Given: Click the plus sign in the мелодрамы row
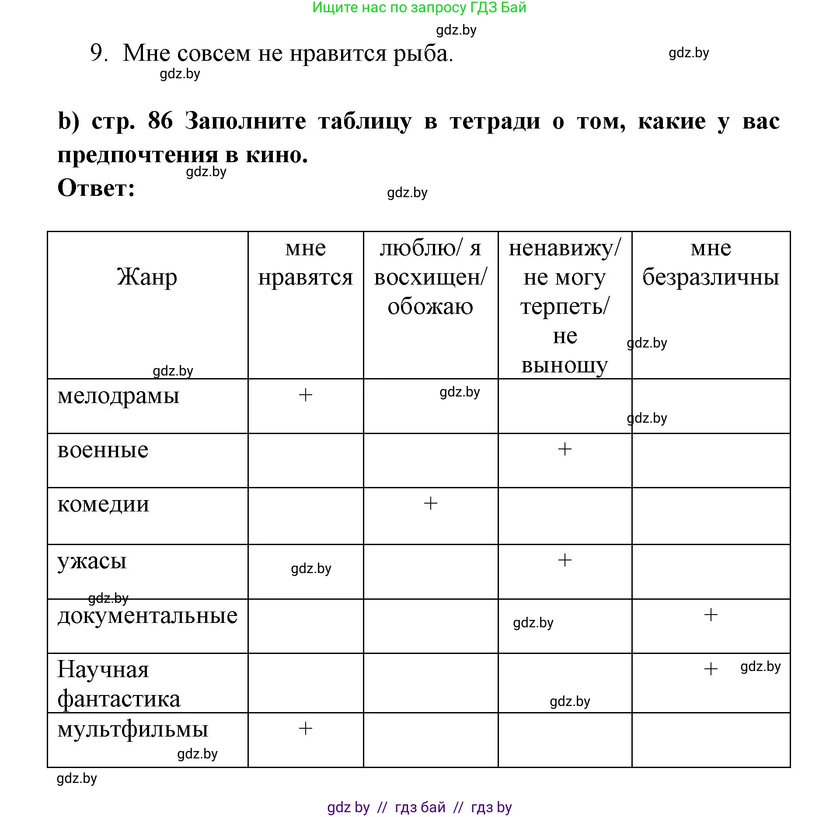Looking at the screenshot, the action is coord(305,395).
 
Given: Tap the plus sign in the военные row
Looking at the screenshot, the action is coord(565,449).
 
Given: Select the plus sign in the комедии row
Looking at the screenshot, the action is coord(430,503).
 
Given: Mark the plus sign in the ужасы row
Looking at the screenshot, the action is coord(565,560).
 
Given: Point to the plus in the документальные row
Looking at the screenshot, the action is coord(711,615).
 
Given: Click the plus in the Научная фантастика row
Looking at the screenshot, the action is coord(711,669).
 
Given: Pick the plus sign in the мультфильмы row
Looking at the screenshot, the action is coord(305,728).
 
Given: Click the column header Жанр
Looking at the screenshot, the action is coord(147,277).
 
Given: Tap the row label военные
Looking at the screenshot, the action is coord(103,450).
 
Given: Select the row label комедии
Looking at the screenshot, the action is coord(103,504).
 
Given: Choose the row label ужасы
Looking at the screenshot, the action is coord(92,562).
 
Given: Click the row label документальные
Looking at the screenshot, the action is coord(147,616).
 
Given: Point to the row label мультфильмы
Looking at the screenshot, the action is coord(132,730).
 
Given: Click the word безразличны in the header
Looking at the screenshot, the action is coord(711,277).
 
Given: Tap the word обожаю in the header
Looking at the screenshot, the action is coord(430,306).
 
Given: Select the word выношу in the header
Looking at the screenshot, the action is coord(565,365).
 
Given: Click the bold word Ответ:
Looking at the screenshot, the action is coord(96,188).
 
